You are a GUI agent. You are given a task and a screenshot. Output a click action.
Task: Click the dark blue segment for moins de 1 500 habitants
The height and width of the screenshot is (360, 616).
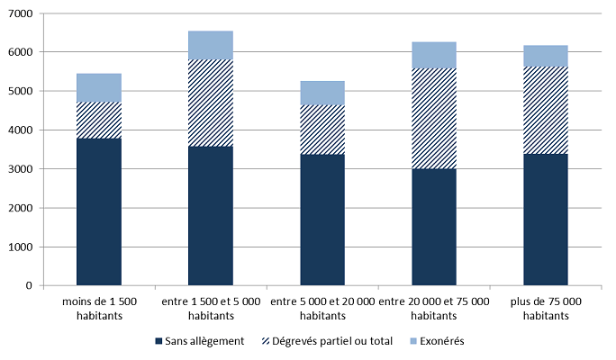coord(99,211)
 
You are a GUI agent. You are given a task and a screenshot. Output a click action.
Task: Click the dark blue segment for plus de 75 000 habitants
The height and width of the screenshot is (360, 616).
coord(546,220)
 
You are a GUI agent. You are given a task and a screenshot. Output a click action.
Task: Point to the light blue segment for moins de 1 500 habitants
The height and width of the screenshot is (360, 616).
coord(99,87)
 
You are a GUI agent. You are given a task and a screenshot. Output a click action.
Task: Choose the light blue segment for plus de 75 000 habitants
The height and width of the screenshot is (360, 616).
coord(546,56)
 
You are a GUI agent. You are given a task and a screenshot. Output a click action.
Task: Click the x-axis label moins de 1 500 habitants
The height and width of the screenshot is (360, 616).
coord(99,307)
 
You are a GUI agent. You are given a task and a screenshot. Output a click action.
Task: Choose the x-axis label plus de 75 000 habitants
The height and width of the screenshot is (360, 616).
coord(546,307)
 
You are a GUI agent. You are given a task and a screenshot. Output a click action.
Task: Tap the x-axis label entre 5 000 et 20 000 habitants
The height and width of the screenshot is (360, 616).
coord(322,307)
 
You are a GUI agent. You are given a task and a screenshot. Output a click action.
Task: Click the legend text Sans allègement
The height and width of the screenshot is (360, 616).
coord(205,342)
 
